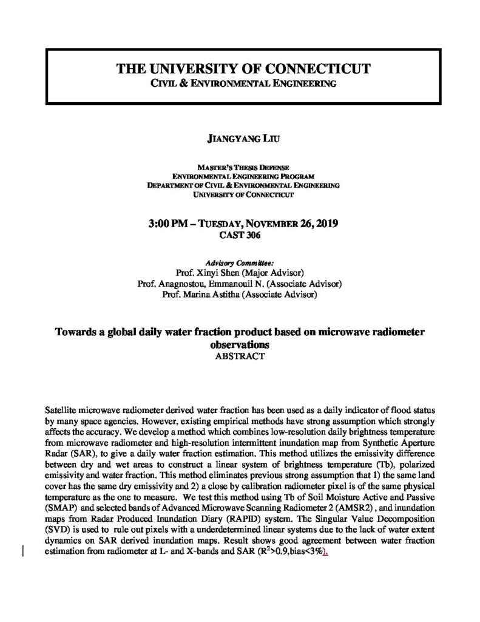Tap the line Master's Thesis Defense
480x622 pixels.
point(240,167)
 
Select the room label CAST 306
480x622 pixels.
point(240,234)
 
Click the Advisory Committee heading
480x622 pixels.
point(240,262)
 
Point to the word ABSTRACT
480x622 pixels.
point(240,357)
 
